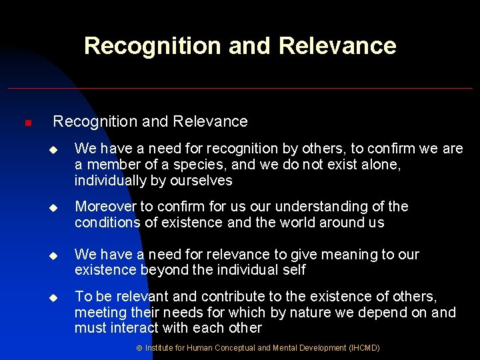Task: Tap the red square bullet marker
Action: click(x=27, y=123)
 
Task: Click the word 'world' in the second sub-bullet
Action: click(x=297, y=223)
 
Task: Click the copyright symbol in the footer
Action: click(x=139, y=348)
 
